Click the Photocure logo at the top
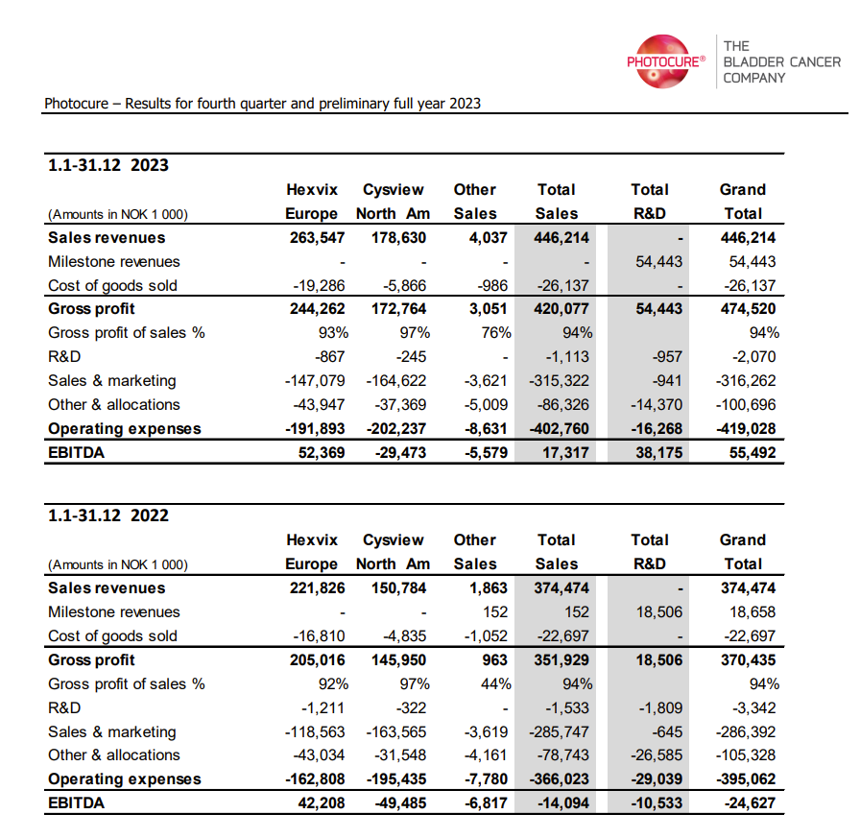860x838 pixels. point(665,61)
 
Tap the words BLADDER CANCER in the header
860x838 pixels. point(781,61)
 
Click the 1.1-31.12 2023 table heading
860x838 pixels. point(108,165)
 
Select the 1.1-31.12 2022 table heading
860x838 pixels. point(108,515)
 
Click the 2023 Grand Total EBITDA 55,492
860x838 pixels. point(752,452)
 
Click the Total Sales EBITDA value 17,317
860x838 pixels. point(564,452)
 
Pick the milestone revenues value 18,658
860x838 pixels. point(752,612)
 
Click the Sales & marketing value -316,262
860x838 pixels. point(748,381)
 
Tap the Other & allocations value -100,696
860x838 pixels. point(748,405)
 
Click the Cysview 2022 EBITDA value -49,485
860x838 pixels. point(399,802)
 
